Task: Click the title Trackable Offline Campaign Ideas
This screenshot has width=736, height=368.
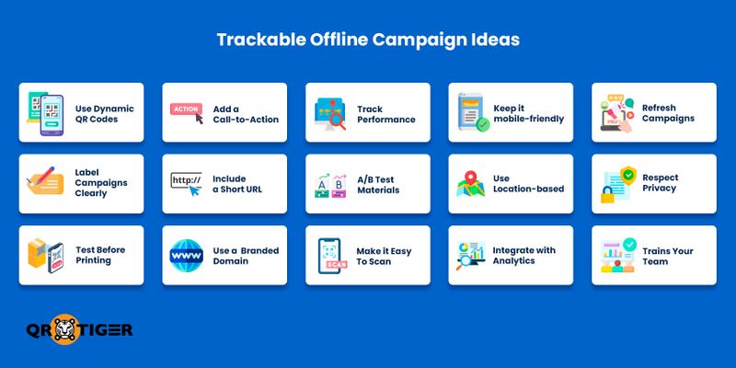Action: click(x=368, y=40)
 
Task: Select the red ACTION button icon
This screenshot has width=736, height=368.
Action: click(x=184, y=109)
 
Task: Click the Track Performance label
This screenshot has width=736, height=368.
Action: click(x=385, y=113)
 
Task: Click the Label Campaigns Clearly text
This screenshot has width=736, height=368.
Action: click(x=100, y=182)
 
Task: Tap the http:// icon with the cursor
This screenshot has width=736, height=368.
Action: click(x=187, y=183)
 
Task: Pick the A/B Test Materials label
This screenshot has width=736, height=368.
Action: click(x=377, y=184)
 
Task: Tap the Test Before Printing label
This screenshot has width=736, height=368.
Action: click(x=99, y=256)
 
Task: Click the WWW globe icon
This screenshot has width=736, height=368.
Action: click(x=187, y=255)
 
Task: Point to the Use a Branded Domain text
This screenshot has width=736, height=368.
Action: click(x=245, y=256)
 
